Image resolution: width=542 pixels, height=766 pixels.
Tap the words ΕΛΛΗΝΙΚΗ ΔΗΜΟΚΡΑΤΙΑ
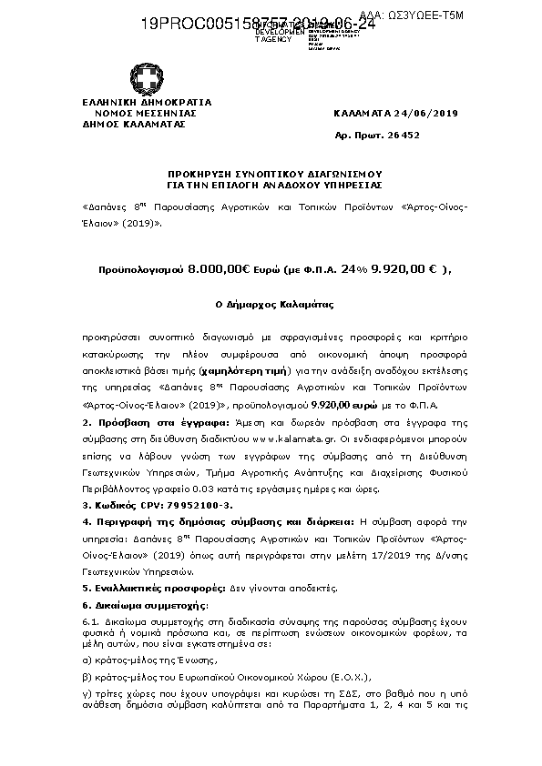[147, 102]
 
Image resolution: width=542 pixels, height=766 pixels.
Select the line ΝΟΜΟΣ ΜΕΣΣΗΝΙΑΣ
[147, 113]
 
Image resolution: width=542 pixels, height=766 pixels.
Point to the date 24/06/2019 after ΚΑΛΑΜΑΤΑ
[432, 113]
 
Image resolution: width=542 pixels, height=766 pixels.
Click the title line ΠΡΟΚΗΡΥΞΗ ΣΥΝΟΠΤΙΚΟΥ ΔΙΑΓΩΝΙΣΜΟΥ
[271, 172]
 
